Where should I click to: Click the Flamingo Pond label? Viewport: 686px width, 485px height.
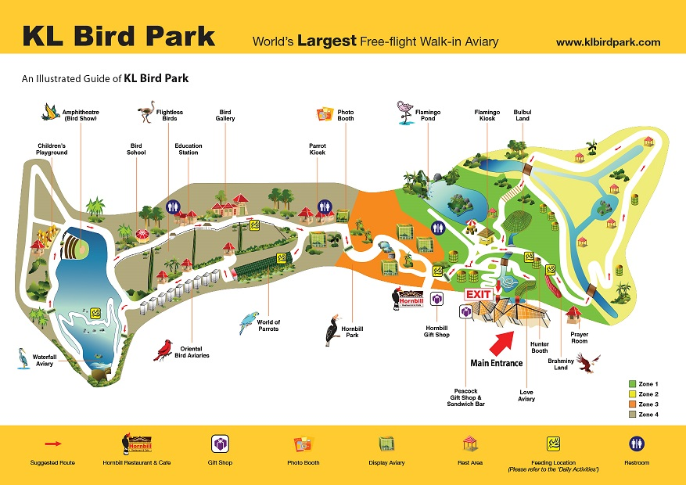click(x=428, y=116)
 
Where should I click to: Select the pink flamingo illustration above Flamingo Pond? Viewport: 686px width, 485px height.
click(x=405, y=113)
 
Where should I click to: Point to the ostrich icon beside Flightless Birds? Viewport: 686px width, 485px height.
click(x=145, y=114)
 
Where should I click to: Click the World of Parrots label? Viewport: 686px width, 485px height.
click(x=268, y=325)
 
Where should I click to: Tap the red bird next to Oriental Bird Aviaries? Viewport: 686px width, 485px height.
click(x=163, y=350)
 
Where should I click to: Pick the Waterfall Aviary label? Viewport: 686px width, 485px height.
click(x=45, y=360)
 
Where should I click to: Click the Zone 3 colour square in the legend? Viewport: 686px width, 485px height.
click(x=632, y=404)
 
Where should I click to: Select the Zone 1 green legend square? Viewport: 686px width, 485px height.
click(x=632, y=384)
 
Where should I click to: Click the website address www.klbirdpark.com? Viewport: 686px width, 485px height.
click(x=608, y=42)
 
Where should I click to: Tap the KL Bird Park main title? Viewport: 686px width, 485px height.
click(x=118, y=37)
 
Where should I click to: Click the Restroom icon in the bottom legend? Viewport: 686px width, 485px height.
click(x=637, y=444)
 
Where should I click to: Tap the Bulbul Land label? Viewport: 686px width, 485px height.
click(x=522, y=116)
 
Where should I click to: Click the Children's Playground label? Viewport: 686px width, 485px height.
click(x=52, y=149)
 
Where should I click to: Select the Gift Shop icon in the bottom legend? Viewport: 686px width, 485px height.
click(x=221, y=444)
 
